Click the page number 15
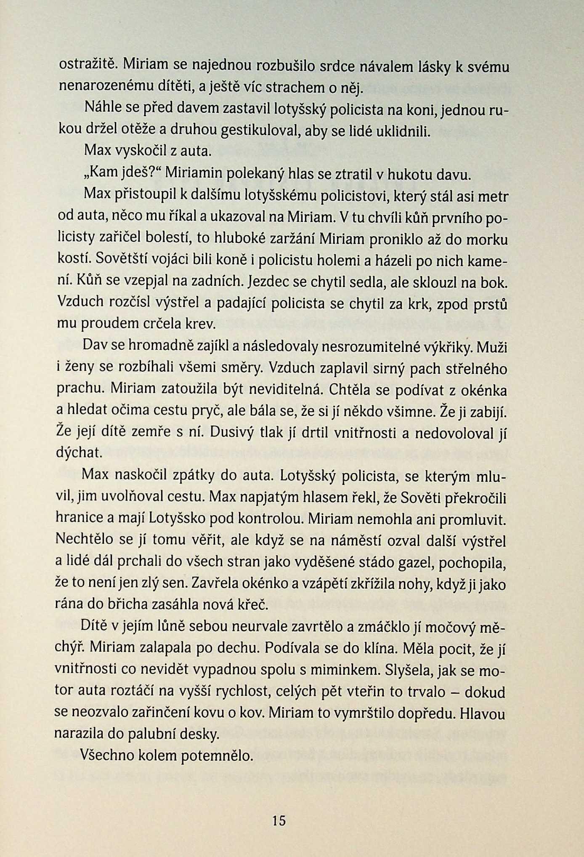click(279, 820)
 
